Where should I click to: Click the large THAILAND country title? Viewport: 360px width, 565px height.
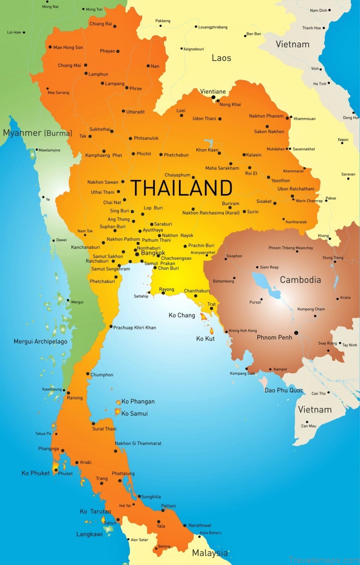pos(181,188)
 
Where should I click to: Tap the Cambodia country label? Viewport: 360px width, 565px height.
pos(300,280)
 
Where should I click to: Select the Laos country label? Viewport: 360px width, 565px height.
pos(221,58)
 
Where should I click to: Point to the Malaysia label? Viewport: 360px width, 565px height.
pos(210,553)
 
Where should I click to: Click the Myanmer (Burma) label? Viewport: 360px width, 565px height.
pos(38,133)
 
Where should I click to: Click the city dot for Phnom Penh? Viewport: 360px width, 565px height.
pos(296,333)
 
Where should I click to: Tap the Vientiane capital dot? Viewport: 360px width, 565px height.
pos(213,98)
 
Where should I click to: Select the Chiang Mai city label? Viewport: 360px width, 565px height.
pos(69,65)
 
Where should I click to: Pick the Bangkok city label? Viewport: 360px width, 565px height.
pos(153,253)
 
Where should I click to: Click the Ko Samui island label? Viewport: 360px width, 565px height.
pos(135,413)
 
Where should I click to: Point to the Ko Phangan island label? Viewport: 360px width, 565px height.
pos(138,402)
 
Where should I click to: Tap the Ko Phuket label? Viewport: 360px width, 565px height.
pos(36,473)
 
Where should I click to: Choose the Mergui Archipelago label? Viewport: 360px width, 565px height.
pos(40,341)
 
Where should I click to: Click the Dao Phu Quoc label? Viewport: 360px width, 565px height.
pos(284,390)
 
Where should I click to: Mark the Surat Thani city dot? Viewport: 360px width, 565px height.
pos(94,423)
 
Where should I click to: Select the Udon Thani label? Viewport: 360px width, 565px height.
pos(204,119)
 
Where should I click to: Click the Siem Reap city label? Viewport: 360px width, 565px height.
pos(269,267)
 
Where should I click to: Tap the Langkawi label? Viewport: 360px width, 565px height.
pos(89,534)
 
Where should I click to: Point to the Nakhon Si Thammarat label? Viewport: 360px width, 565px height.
pos(138,444)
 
